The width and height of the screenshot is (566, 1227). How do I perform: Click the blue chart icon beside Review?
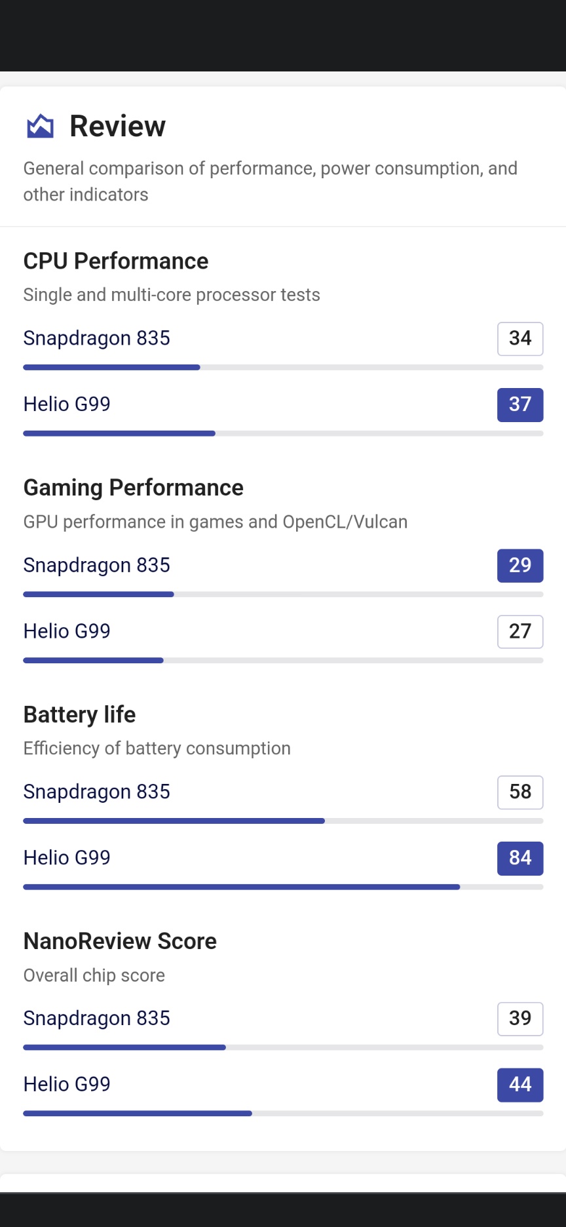(40, 126)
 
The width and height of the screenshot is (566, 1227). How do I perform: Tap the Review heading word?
(118, 126)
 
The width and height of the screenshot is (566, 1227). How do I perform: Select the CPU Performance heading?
(116, 261)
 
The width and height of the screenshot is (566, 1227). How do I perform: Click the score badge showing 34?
(520, 338)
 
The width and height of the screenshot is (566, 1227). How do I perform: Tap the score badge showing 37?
(520, 404)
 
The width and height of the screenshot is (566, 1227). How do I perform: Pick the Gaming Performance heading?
(134, 488)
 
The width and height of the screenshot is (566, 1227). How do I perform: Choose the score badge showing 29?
(520, 565)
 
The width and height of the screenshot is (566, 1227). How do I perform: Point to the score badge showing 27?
(520, 631)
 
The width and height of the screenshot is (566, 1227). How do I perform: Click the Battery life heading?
(80, 714)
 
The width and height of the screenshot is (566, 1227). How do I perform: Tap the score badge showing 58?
(520, 792)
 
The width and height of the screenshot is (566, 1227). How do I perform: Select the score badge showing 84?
(520, 858)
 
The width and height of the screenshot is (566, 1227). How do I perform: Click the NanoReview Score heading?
(121, 941)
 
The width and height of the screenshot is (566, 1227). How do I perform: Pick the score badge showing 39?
(520, 1019)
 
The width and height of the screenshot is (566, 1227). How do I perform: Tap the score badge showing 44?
(520, 1085)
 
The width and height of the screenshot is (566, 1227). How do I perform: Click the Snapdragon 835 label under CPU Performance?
(97, 338)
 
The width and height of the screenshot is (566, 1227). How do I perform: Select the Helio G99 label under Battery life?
(67, 858)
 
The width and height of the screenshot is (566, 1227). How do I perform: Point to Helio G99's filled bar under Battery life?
(241, 887)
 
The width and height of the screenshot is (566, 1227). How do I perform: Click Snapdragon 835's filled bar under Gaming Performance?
(98, 594)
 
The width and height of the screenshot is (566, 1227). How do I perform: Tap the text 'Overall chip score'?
(94, 975)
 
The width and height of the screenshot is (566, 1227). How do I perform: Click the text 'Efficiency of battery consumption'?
(157, 749)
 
